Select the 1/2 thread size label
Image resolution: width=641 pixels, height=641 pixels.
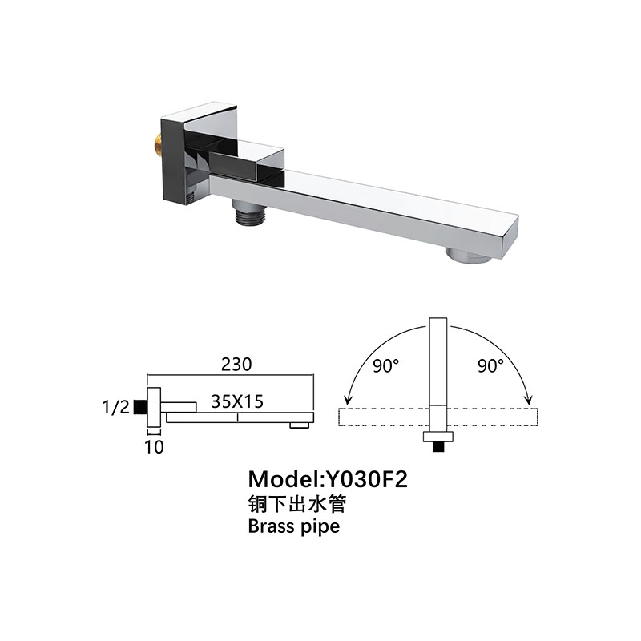pos(117,407)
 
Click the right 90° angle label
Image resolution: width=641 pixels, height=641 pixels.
pos(490,366)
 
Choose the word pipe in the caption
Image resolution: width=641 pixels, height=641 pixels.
pos(320,528)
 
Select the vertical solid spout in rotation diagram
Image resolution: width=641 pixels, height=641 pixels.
pos(437,369)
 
